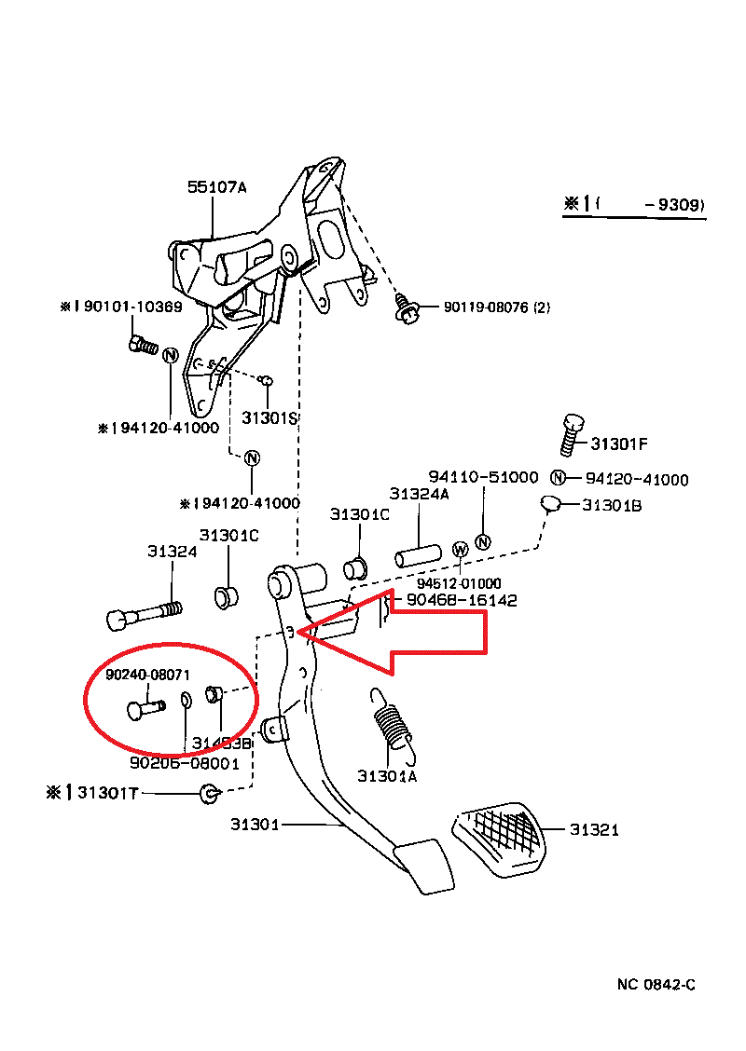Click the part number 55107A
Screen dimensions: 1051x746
click(x=216, y=187)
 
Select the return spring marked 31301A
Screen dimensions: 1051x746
click(x=391, y=722)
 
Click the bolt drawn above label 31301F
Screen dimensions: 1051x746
click(x=572, y=434)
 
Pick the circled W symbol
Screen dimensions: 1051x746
click(x=460, y=550)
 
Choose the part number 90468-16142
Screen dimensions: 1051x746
click(x=461, y=601)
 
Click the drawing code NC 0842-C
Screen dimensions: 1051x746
click(x=656, y=985)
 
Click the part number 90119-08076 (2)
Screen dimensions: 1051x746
click(x=496, y=307)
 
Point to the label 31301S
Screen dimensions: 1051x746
click(x=269, y=418)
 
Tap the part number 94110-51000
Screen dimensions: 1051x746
click(x=483, y=477)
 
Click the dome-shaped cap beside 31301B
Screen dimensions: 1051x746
click(x=551, y=505)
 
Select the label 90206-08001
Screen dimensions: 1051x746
click(x=185, y=763)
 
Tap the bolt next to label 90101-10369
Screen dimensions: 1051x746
click(x=143, y=345)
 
